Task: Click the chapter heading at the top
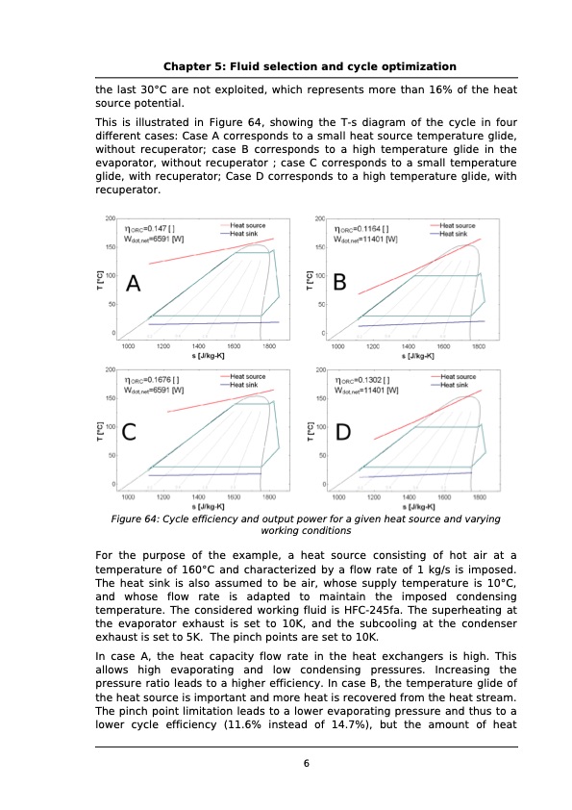pos(310,66)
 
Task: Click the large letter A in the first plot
pos(133,285)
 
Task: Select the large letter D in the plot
pos(342,434)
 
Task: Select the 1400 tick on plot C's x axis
pos(198,497)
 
